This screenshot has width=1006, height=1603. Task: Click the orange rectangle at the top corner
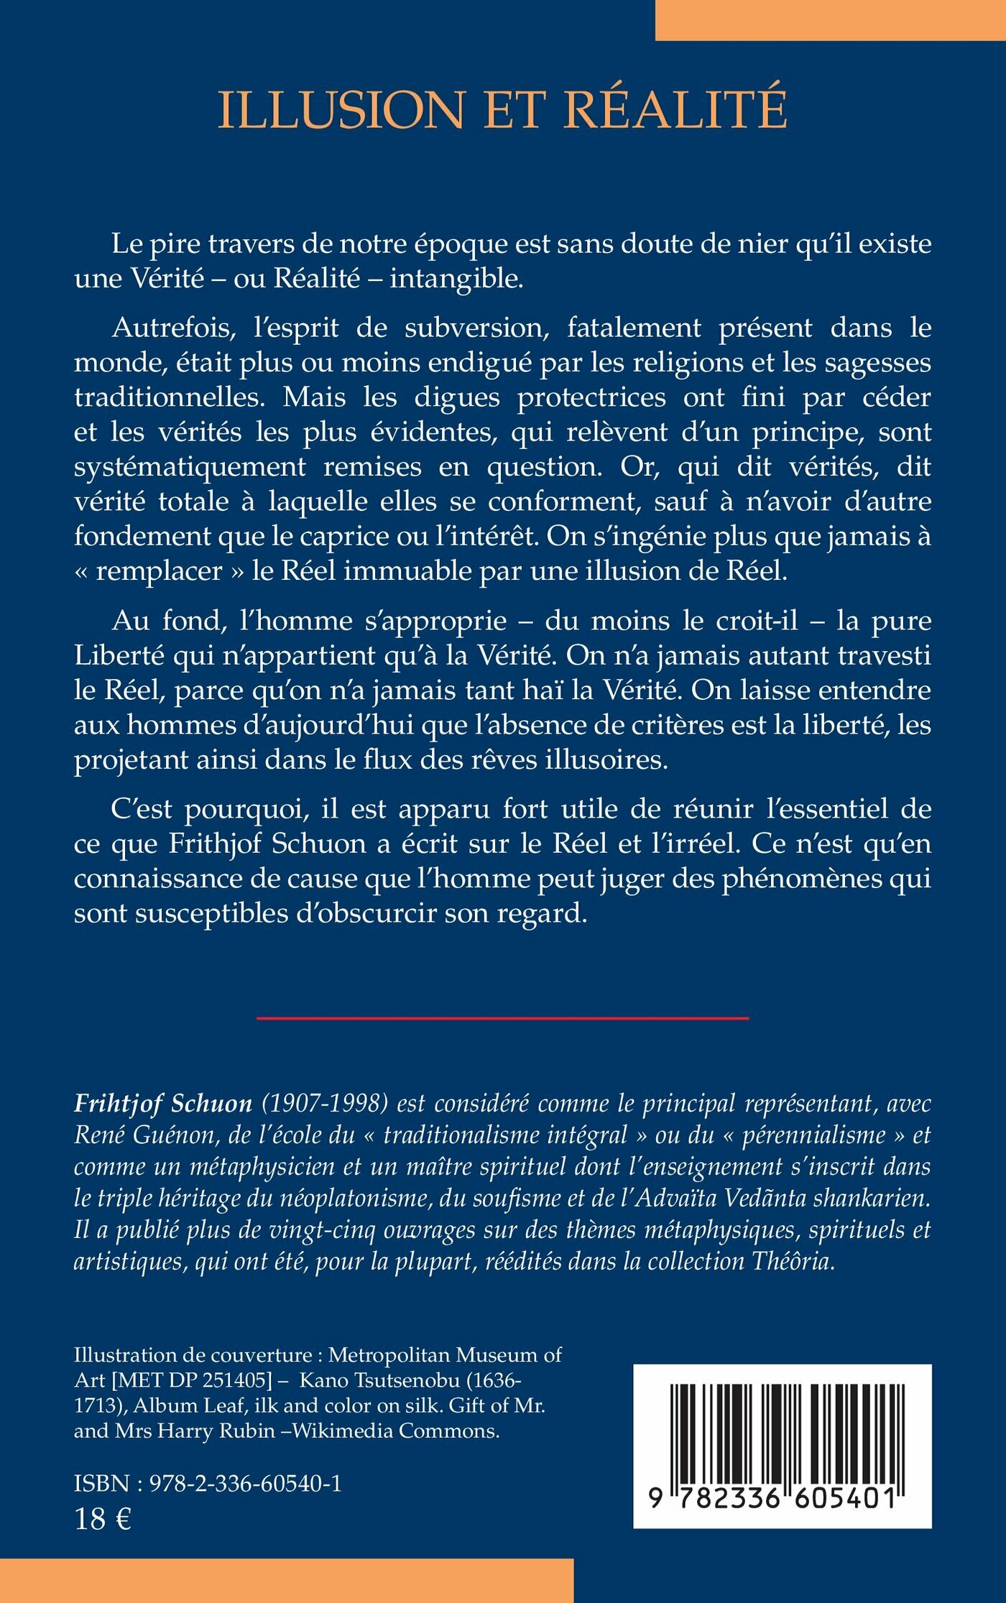tap(830, 20)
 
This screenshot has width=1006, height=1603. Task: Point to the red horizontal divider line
tap(502, 1018)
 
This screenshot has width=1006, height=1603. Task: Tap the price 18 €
tap(102, 1519)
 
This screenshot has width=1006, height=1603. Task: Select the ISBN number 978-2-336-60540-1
tap(245, 1483)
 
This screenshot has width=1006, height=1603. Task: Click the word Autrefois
tap(174, 328)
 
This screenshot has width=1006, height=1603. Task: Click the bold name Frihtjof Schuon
tap(163, 1104)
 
